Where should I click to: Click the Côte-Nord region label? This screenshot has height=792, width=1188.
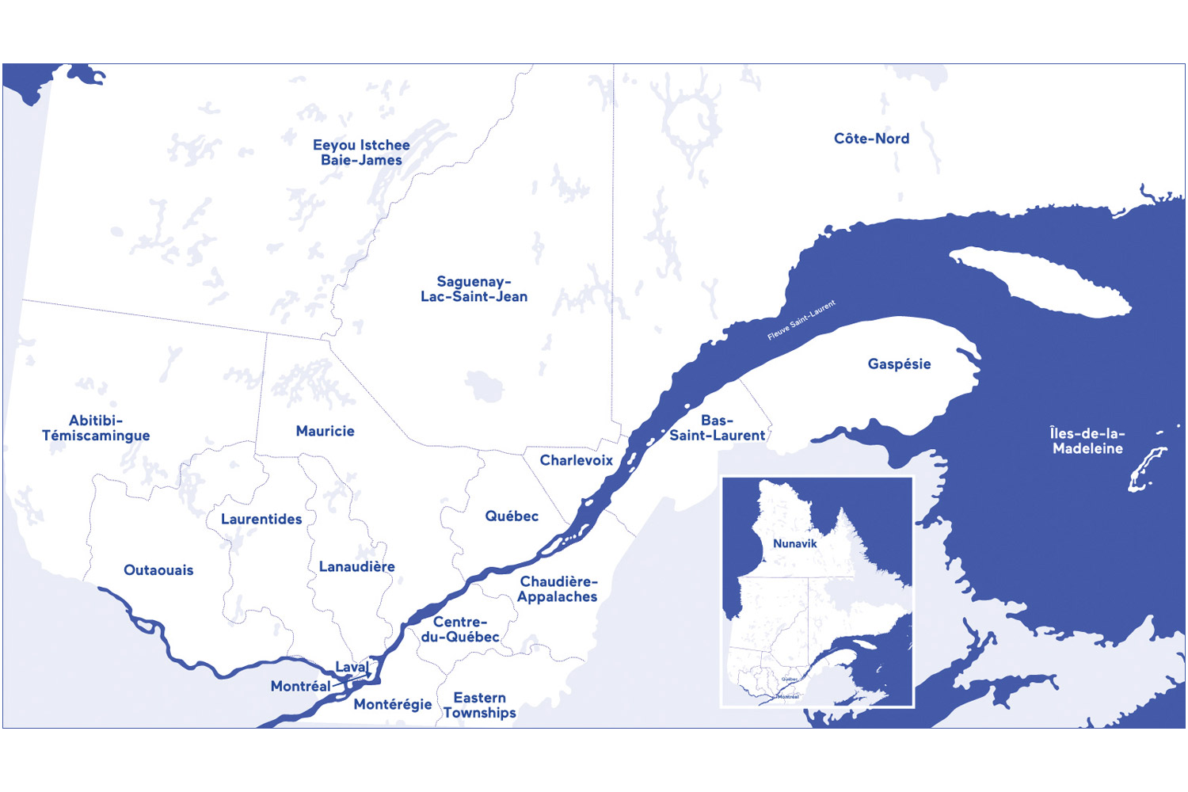[871, 139]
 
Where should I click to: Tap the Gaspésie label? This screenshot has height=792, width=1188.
[899, 364]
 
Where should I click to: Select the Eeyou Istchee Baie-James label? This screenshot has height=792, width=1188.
[361, 152]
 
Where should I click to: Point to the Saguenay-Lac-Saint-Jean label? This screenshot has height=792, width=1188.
[474, 289]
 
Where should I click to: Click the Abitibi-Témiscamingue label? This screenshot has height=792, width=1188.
[96, 428]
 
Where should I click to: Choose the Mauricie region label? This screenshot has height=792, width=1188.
[325, 431]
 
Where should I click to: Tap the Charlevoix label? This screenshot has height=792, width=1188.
[576, 460]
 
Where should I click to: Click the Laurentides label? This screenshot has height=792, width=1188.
[261, 520]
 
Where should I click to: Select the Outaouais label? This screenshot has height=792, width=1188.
[158, 570]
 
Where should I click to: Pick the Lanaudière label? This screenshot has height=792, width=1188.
[356, 566]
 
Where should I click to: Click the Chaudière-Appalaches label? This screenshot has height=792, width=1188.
[558, 589]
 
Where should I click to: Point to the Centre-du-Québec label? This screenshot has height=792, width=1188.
[460, 630]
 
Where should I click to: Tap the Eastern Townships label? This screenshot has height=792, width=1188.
[479, 705]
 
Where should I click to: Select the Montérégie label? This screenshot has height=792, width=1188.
[393, 704]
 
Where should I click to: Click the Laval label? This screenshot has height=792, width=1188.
[351, 667]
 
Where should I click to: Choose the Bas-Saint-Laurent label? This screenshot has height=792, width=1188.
[718, 428]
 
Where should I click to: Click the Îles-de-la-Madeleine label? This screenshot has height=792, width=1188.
[1087, 440]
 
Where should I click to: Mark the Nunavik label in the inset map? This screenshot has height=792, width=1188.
[794, 543]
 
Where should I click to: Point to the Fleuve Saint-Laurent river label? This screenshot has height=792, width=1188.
[801, 320]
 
